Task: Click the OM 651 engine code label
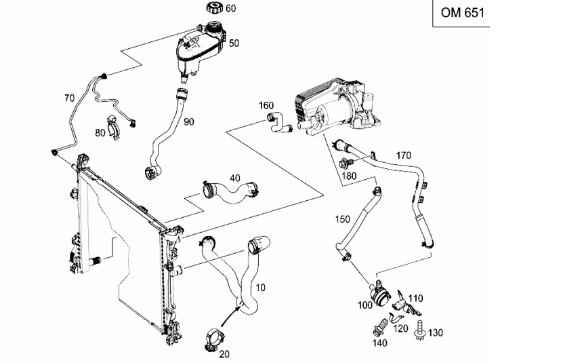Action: click(463, 13)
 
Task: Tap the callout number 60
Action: click(231, 8)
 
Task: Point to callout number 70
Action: click(69, 98)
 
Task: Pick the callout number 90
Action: click(189, 122)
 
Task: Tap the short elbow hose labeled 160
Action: click(278, 123)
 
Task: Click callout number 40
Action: click(235, 178)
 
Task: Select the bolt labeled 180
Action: click(345, 163)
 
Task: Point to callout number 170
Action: click(404, 155)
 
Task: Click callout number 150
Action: click(343, 219)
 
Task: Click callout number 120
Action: click(401, 328)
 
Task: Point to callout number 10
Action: click(261, 288)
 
